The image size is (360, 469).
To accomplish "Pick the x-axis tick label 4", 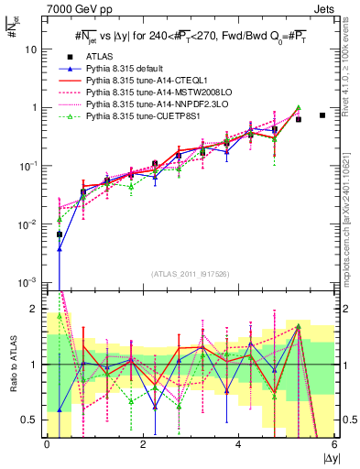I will [x=238, y=444].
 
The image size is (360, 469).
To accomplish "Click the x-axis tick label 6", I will [x=334, y=444].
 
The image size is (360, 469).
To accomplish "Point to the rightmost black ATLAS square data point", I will [x=322, y=115].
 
